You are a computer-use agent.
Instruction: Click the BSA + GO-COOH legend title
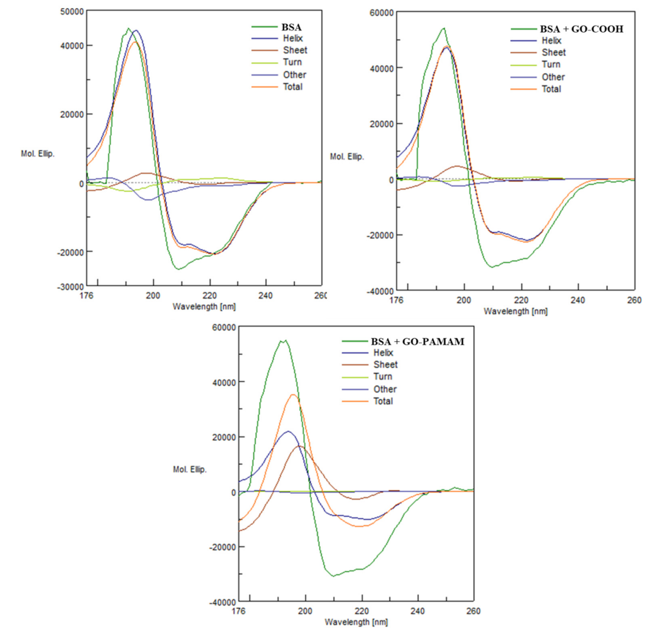coord(581,29)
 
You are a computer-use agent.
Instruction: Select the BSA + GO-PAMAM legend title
coord(418,342)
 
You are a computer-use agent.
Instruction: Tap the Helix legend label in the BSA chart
coord(293,39)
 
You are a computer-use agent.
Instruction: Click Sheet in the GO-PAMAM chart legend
coord(385,365)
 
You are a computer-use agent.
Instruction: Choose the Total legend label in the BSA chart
coord(293,87)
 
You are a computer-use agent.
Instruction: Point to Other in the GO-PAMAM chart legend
coord(385,389)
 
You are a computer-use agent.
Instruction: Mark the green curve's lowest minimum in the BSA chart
coord(178,269)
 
